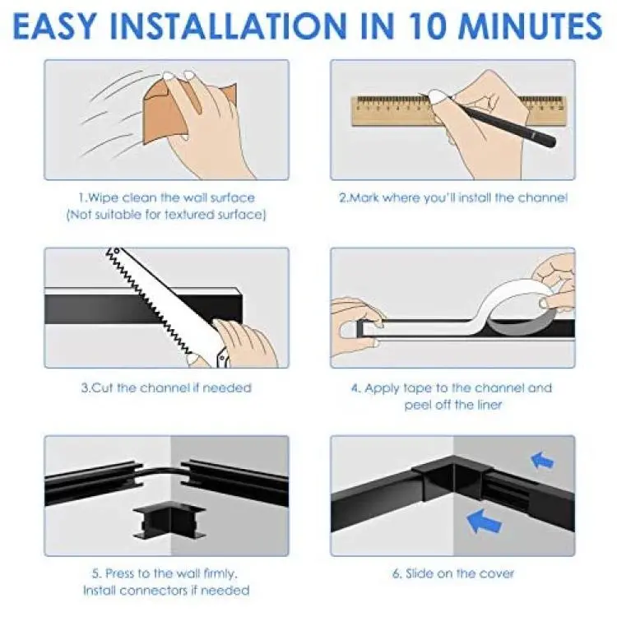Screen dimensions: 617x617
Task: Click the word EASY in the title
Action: [x=54, y=26]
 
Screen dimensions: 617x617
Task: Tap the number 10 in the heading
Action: [x=424, y=26]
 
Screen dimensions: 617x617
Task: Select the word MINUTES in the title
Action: [x=531, y=26]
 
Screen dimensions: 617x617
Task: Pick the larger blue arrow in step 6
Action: [x=484, y=521]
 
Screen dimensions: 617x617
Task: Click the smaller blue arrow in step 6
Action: [x=542, y=460]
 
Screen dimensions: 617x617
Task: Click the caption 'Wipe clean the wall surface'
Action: [x=166, y=197]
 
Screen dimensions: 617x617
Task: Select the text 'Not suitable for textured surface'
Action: [x=166, y=215]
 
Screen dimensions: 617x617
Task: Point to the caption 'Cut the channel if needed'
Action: [x=166, y=387]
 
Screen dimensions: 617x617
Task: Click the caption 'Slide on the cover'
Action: [x=453, y=573]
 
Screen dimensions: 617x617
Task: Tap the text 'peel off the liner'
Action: [x=453, y=405]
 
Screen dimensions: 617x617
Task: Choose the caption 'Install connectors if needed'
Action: [x=166, y=590]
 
